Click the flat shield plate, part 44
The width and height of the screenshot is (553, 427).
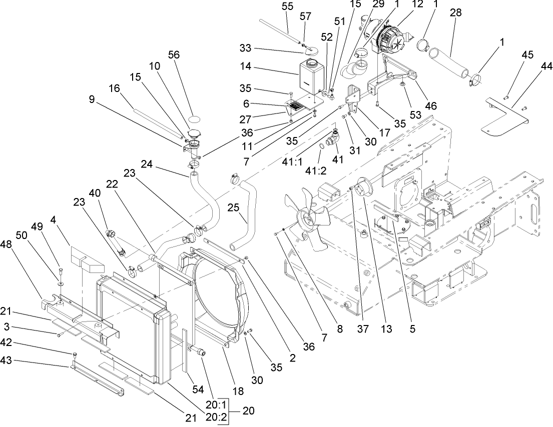pyautogui.click(x=505, y=119)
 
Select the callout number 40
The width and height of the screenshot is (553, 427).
pyautogui.click(x=95, y=192)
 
